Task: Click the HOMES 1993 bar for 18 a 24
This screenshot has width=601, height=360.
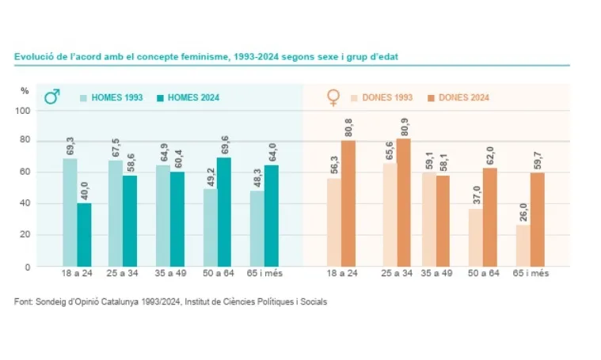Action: [70, 212]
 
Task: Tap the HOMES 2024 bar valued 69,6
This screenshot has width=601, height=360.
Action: [224, 211]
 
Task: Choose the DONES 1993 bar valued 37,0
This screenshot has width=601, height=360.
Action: [476, 237]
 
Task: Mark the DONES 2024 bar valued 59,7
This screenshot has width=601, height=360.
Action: [537, 219]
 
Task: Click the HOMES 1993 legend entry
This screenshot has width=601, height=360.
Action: [111, 97]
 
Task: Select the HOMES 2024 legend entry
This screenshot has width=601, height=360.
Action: [187, 97]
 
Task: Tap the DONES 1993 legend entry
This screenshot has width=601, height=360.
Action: [380, 97]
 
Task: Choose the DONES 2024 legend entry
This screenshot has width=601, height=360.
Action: [457, 97]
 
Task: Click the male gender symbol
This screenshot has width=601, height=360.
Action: [52, 97]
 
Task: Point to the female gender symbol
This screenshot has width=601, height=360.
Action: [333, 97]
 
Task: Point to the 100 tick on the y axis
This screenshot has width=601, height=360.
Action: [23, 111]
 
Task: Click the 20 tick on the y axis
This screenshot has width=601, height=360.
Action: [25, 235]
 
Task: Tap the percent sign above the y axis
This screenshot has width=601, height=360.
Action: [25, 91]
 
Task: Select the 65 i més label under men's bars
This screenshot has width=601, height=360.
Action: [266, 274]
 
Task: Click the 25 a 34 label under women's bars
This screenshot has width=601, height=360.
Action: [396, 274]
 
